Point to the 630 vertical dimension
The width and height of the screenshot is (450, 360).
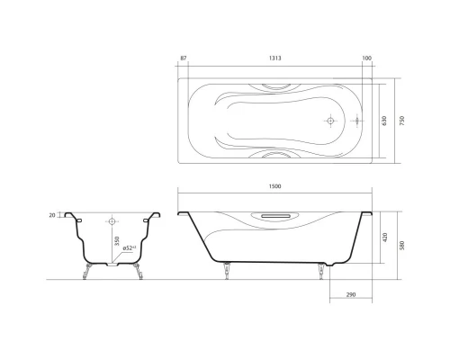pyautogui.click(x=384, y=121)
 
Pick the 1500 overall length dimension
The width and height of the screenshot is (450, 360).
pyautogui.click(x=275, y=186)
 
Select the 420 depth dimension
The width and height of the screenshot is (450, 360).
pyautogui.click(x=384, y=238)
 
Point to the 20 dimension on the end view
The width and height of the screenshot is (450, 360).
pyautogui.click(x=52, y=215)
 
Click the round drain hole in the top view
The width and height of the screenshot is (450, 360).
pyautogui.click(x=330, y=121)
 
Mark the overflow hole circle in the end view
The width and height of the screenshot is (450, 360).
pyautogui.click(x=112, y=220)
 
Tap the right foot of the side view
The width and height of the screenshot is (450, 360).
pyautogui.click(x=320, y=270)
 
